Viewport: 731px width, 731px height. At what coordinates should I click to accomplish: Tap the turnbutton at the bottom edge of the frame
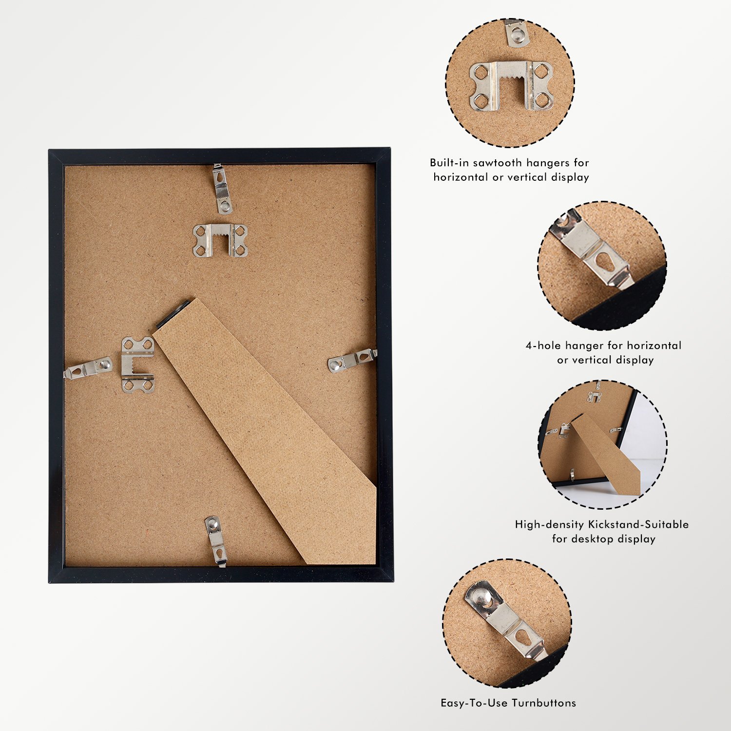tap(215, 541)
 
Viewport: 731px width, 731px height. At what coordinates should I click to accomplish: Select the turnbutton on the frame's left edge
tap(88, 368)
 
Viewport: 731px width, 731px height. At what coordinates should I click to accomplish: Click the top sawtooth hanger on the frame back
tap(220, 240)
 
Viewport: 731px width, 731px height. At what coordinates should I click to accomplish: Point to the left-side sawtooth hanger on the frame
tap(138, 365)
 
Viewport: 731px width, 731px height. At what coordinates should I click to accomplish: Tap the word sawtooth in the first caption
tap(497, 163)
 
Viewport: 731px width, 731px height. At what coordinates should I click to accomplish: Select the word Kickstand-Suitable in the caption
tap(638, 524)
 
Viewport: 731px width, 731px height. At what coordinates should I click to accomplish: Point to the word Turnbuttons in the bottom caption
tap(544, 703)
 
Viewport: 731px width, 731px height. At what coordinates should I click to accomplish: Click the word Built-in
tap(449, 163)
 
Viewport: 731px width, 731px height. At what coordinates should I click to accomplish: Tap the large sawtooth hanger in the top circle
tap(511, 86)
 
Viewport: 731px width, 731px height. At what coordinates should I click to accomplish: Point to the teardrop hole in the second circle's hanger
tap(606, 262)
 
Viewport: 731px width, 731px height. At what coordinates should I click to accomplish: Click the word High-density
tap(549, 525)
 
